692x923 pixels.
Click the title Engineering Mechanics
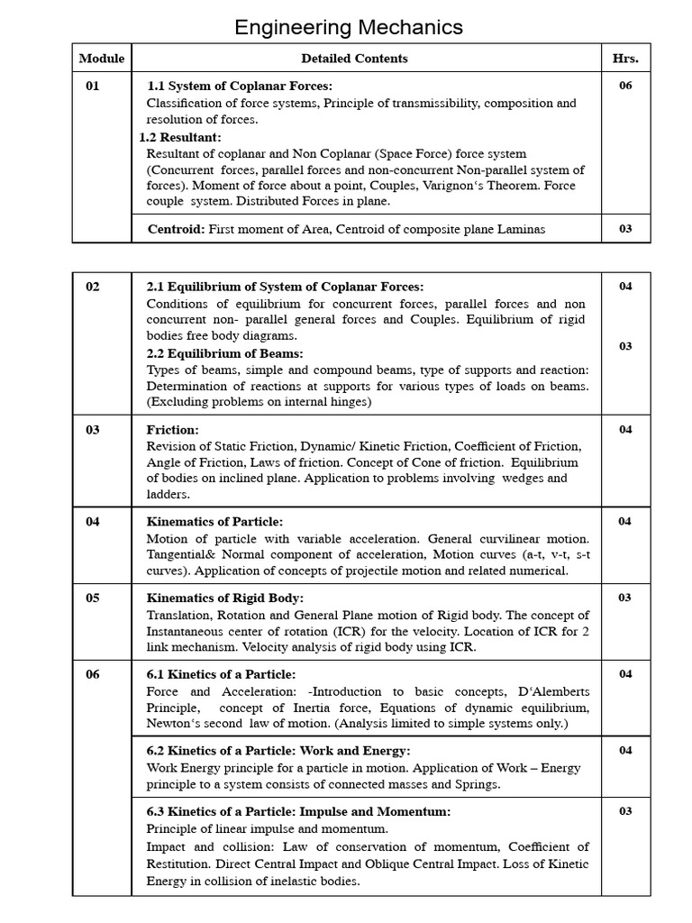pos(348,27)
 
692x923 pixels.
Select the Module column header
pos(102,59)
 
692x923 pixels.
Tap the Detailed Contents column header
pos(354,59)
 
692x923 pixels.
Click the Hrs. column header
pos(625,59)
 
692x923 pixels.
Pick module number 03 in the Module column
pos(93,430)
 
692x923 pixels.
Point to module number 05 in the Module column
pos(93,598)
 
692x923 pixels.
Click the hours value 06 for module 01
pos(625,86)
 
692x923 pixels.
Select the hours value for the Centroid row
pos(625,229)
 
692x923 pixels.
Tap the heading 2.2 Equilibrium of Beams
pos(224,353)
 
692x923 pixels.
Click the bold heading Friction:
pos(172,430)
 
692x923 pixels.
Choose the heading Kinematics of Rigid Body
pos(225,598)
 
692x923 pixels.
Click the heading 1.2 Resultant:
pos(179,137)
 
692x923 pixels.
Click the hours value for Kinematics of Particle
pos(625,521)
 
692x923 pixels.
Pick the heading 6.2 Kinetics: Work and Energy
pos(278,751)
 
